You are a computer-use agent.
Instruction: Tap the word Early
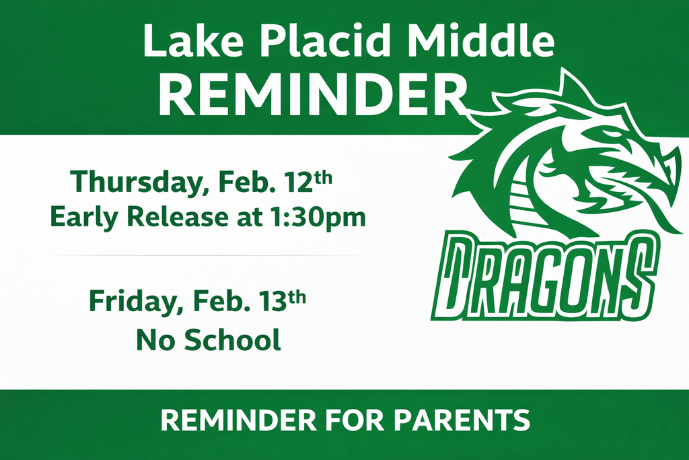coord(85,217)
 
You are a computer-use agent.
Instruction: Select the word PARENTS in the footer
coord(462,420)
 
